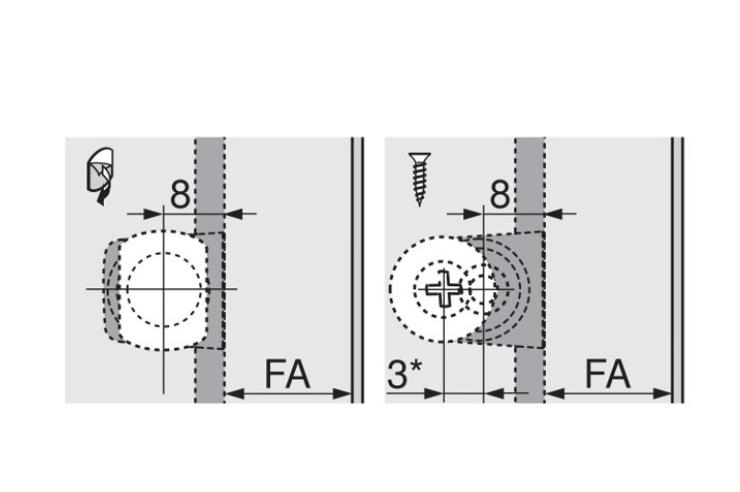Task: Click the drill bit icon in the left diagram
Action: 100,176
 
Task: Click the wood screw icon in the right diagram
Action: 420,179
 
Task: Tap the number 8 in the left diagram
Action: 180,194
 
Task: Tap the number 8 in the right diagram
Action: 501,194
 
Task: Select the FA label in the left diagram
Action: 287,374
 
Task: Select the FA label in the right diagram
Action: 607,374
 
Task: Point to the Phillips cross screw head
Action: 444,288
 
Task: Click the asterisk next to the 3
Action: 415,367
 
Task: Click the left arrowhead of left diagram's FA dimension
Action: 234,393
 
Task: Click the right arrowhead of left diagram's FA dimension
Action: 342,393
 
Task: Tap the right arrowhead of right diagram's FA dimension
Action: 662,393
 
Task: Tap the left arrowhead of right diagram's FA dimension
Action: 555,393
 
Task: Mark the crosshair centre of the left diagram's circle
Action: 163,288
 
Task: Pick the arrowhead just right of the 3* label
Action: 434,393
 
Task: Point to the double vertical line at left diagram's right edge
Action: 358,270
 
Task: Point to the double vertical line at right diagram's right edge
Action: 678,270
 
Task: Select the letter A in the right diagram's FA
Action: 618,374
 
